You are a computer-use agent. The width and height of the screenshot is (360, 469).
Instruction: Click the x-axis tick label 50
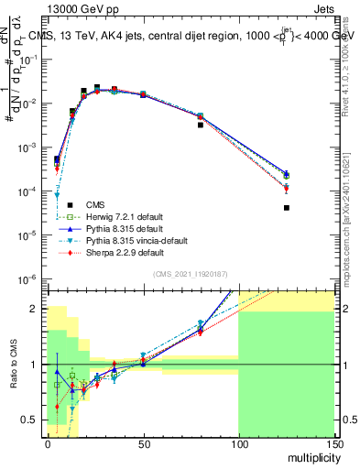(142, 444)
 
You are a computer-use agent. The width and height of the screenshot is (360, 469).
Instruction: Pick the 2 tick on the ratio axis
(35, 309)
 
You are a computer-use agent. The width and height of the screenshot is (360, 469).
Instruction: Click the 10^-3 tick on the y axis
(27, 147)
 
